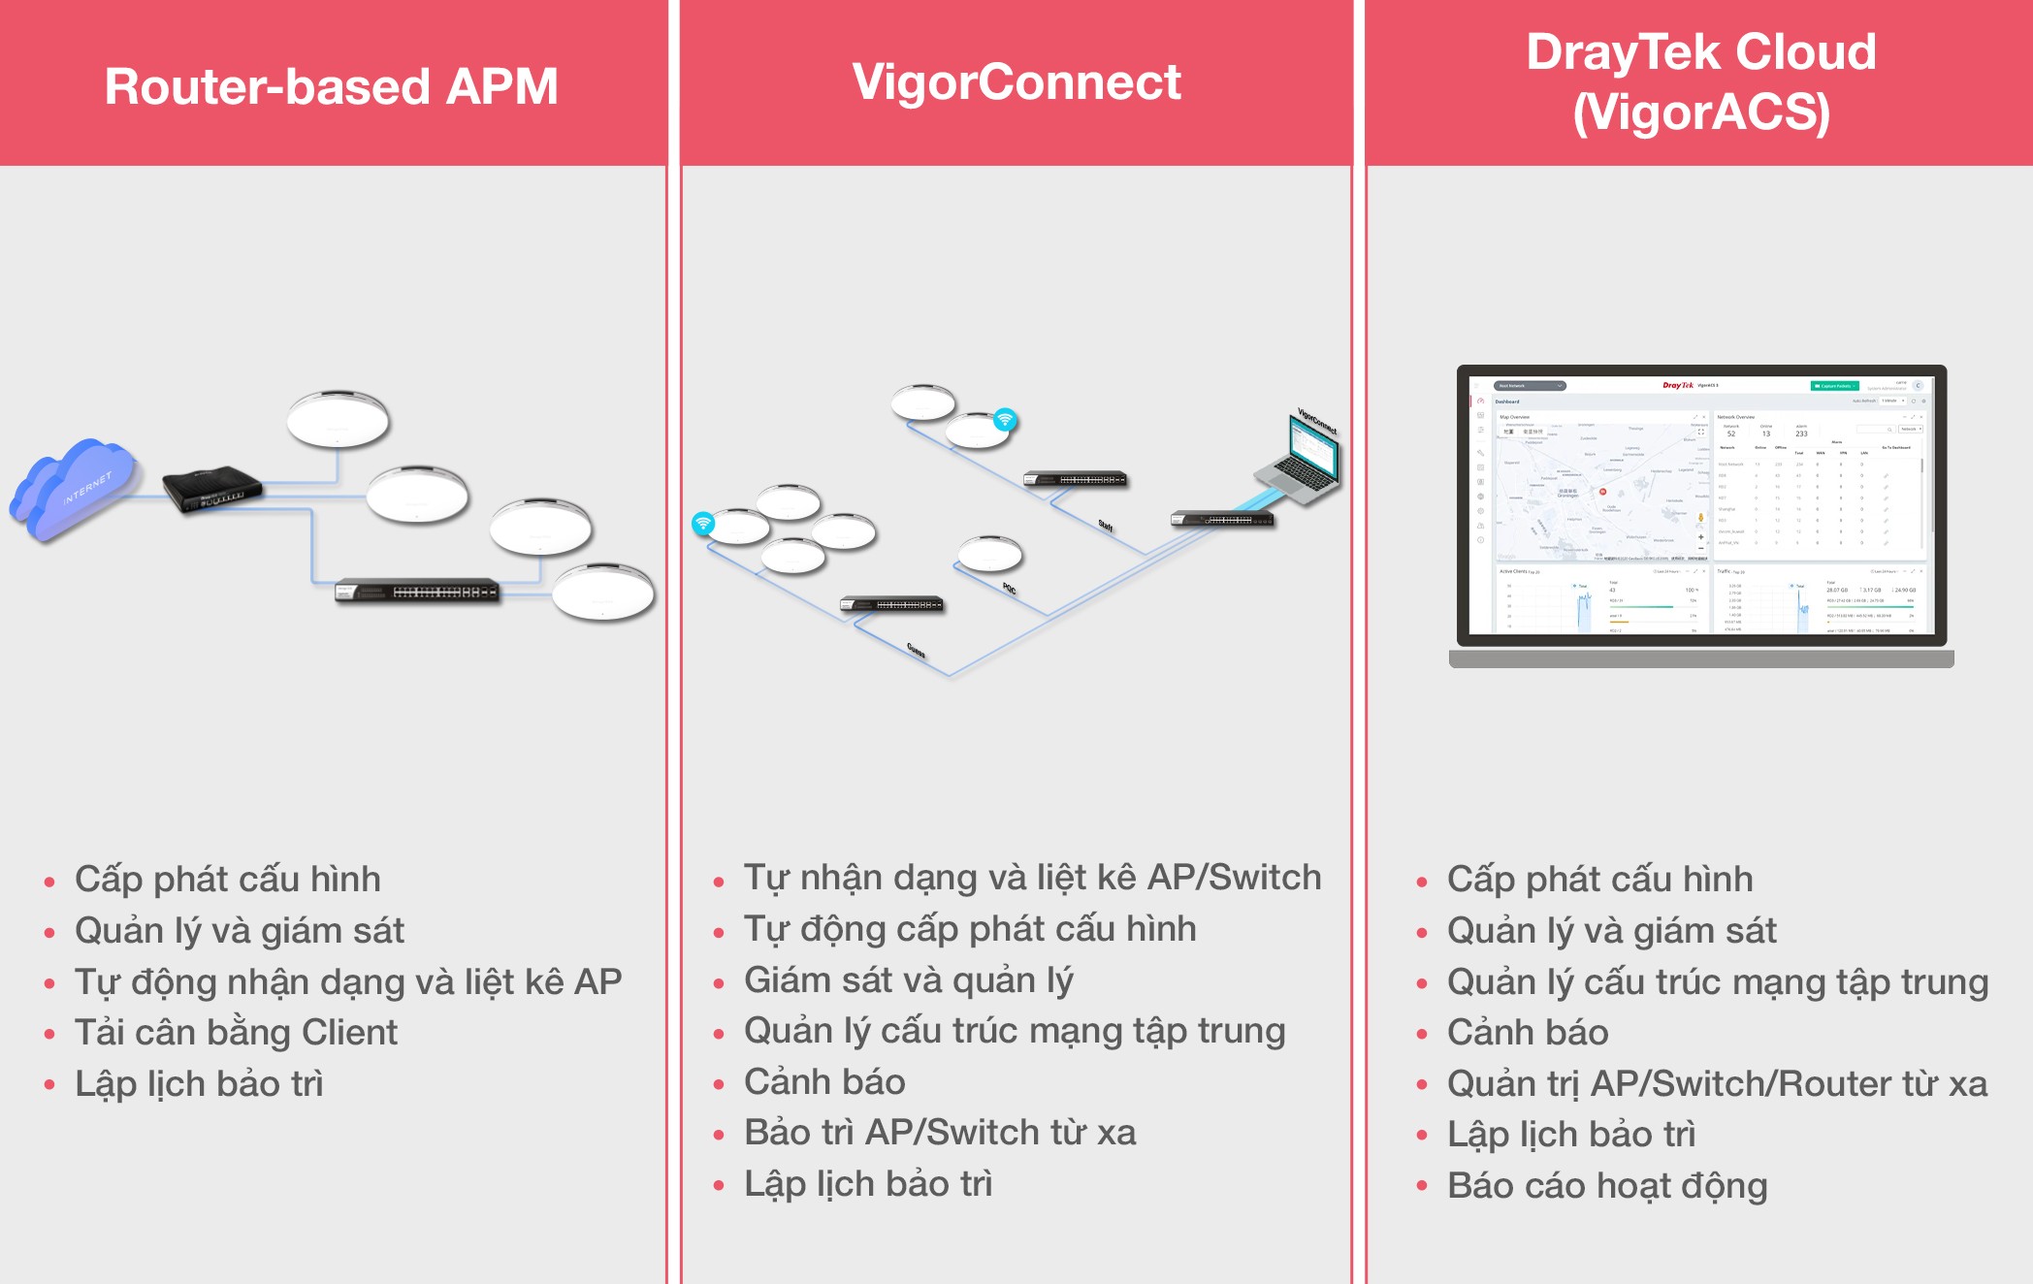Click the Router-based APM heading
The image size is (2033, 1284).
point(331,86)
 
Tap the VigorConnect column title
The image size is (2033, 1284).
point(1016,81)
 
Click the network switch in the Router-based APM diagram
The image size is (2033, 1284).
point(417,591)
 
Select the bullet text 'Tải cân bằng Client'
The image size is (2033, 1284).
point(236,1033)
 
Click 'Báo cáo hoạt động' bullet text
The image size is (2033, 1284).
point(1607,1186)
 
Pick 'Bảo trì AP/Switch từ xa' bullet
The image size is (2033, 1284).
point(939,1133)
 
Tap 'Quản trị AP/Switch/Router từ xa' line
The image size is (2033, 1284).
point(1717,1084)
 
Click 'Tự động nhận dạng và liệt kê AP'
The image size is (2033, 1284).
point(348,982)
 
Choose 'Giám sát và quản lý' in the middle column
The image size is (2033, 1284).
point(908,980)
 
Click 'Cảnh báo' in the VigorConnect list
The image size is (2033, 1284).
point(824,1082)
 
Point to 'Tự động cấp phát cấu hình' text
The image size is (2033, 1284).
point(969,929)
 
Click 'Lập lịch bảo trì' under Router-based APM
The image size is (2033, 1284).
point(199,1084)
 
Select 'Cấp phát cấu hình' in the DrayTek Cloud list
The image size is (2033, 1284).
point(1599,880)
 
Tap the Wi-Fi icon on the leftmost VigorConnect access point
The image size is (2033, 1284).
point(703,524)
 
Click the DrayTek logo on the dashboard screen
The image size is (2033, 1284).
point(1677,385)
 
